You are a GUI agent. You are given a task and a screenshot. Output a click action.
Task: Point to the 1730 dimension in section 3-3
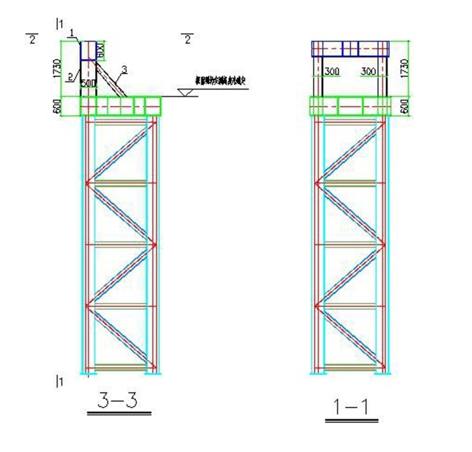tap(57, 69)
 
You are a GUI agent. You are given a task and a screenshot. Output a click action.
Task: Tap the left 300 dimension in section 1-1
tap(332, 71)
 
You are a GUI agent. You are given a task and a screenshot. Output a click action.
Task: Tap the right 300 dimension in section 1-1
tap(368, 71)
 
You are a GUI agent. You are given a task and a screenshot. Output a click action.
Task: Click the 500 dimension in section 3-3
tap(89, 83)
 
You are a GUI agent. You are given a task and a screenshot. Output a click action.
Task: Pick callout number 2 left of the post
tap(70, 76)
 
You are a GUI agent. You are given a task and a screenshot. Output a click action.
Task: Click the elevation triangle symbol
tap(184, 93)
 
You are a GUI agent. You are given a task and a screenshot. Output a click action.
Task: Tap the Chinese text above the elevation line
tap(221, 81)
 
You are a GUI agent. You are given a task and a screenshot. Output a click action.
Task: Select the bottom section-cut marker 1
tap(60, 382)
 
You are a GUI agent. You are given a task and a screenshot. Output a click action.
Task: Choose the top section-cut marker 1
tap(60, 24)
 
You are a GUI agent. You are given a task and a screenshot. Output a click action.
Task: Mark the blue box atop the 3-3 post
tap(89, 50)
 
